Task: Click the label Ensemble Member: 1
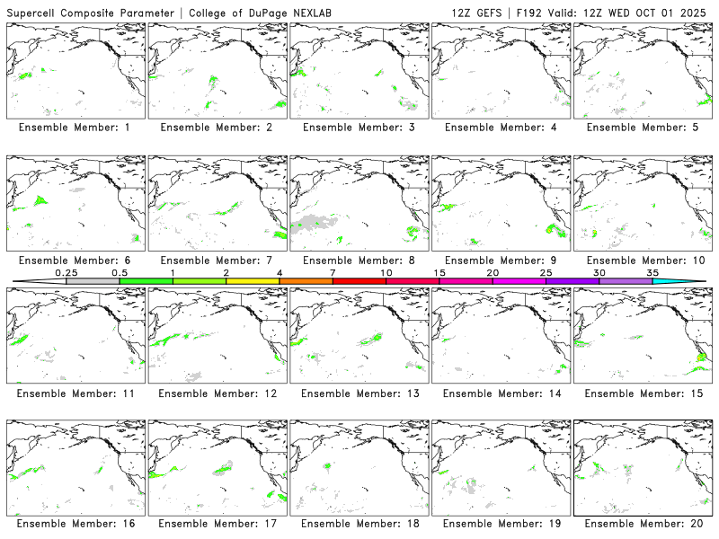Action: [74, 128]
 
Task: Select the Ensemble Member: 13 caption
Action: [357, 393]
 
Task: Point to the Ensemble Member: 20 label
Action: [640, 525]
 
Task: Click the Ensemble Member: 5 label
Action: [640, 128]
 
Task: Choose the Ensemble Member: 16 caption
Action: [74, 525]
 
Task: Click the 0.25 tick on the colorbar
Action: [67, 272]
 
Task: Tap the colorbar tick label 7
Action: [333, 272]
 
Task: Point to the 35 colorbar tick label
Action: [652, 272]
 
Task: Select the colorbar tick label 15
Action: [439, 272]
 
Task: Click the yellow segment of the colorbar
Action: [253, 281]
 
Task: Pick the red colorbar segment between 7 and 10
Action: [359, 281]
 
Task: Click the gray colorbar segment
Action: [93, 281]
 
